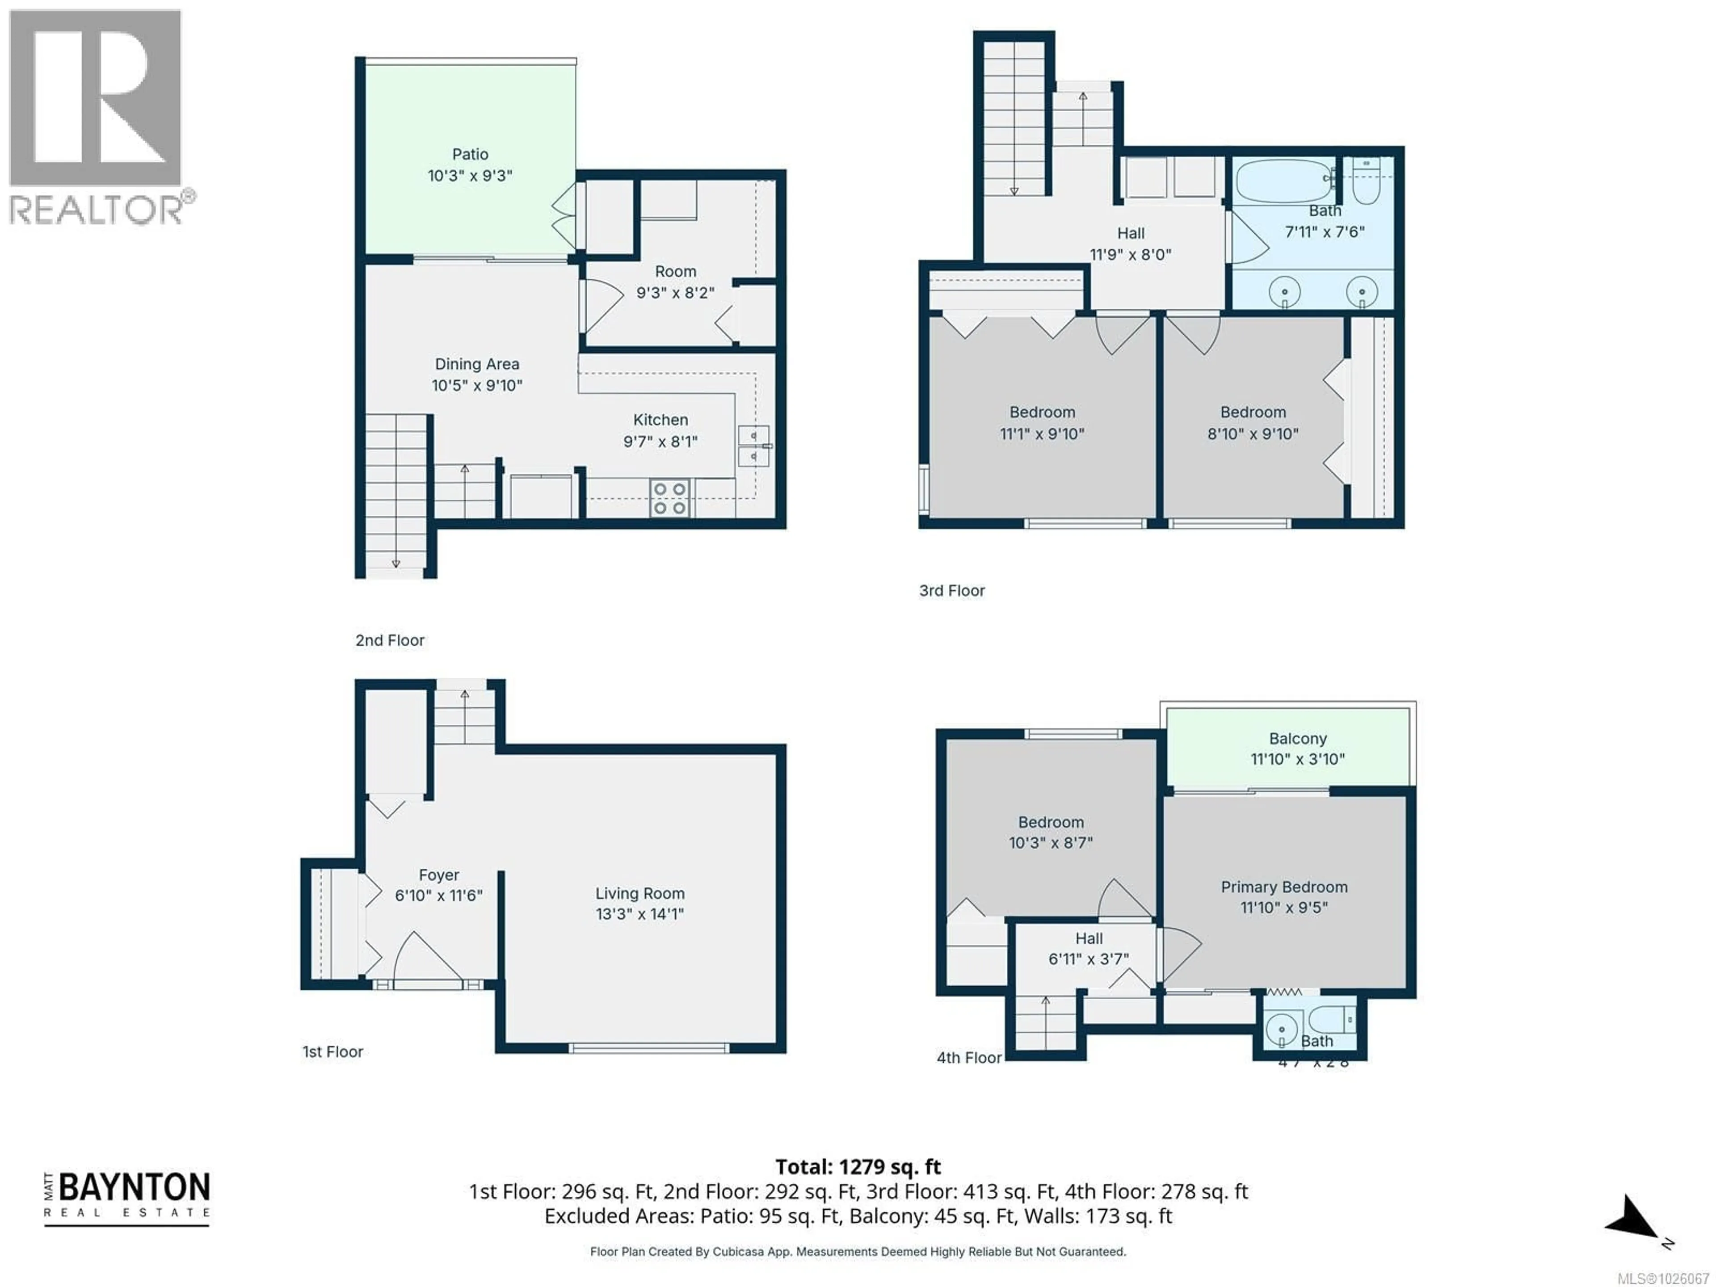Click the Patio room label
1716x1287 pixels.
point(470,154)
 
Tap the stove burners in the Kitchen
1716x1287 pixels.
point(669,499)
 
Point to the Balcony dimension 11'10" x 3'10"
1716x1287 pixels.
point(1297,760)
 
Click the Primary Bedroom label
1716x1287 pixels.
point(1284,887)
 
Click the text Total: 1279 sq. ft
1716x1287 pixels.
point(858,1167)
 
